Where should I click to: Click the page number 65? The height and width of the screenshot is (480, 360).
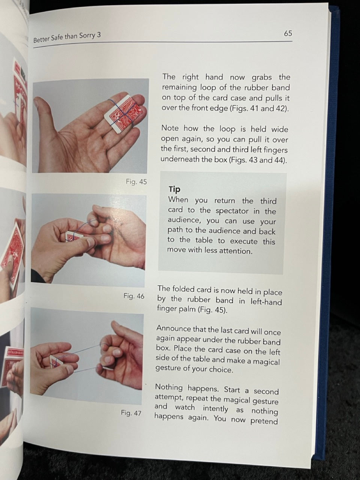point(288,33)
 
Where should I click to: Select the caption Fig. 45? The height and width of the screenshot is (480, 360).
point(136,182)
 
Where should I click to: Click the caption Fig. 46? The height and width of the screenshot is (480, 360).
point(134,296)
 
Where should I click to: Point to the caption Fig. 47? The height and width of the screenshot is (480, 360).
point(131,413)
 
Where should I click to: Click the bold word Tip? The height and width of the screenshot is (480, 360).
point(174,189)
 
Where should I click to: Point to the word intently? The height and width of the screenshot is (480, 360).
point(215,408)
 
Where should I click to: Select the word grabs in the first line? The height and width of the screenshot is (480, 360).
point(262,78)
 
